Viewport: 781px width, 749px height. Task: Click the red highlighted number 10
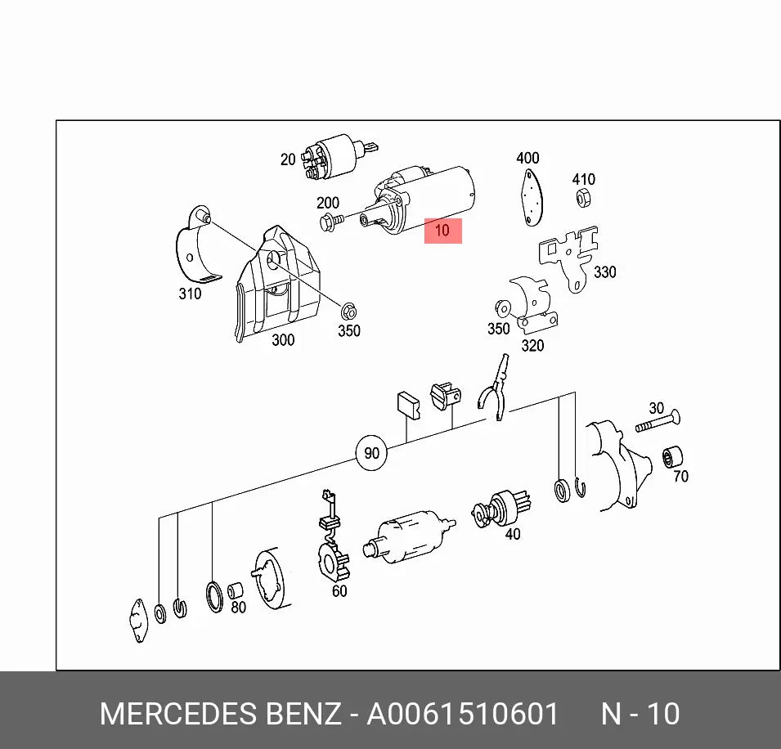[x=442, y=231]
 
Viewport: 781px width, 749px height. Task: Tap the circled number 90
[x=371, y=453]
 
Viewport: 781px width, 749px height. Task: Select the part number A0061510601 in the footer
[x=462, y=714]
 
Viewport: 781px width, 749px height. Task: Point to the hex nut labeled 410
[x=584, y=198]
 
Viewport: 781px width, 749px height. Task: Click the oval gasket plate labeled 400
[x=532, y=197]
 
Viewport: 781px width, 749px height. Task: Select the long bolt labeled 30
[x=658, y=422]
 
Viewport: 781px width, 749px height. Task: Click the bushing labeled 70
[x=672, y=456]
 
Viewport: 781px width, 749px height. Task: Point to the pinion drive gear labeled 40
[x=501, y=509]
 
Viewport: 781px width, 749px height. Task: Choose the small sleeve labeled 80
[x=235, y=590]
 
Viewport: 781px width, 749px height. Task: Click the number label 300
[x=283, y=340]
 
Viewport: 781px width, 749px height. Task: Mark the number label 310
[x=191, y=294]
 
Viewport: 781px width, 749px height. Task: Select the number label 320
[x=532, y=346]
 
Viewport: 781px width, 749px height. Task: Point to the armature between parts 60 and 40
[x=408, y=537]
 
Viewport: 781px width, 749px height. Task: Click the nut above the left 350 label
[x=348, y=312]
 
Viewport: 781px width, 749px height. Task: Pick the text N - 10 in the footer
[x=640, y=714]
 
